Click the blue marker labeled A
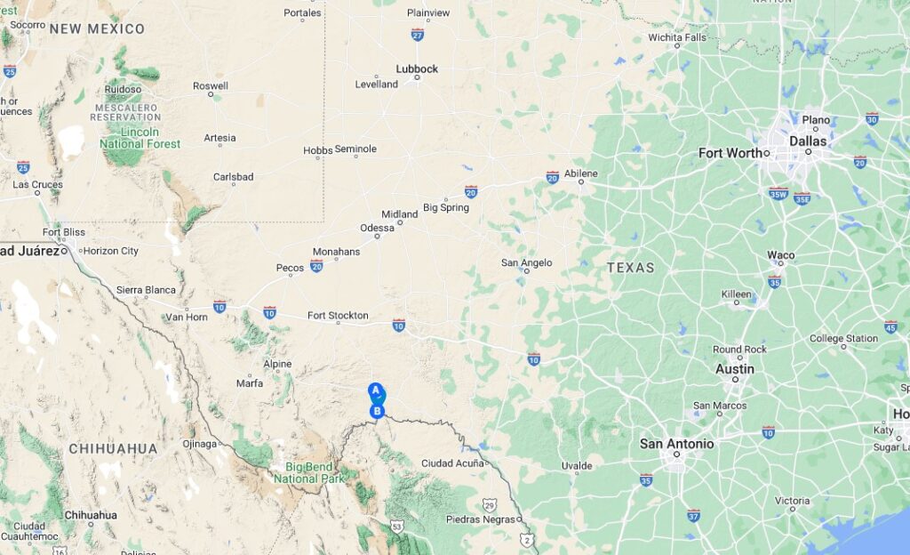pyautogui.click(x=375, y=390)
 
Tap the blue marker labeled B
pyautogui.click(x=378, y=411)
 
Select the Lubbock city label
pyautogui.click(x=417, y=68)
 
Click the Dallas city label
pyautogui.click(x=807, y=141)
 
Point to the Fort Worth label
pyautogui.click(x=730, y=153)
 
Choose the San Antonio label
pyautogui.click(x=676, y=444)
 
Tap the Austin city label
pyautogui.click(x=735, y=369)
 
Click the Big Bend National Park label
pyautogui.click(x=308, y=471)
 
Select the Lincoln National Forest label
pyautogui.click(x=140, y=137)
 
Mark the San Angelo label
pyautogui.click(x=526, y=262)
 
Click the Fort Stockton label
pyautogui.click(x=338, y=315)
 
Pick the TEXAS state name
pyautogui.click(x=630, y=267)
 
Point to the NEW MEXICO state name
pyautogui.click(x=97, y=28)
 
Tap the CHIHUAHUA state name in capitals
pyautogui.click(x=113, y=449)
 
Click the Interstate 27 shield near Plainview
pyautogui.click(x=418, y=34)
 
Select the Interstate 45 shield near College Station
pyautogui.click(x=890, y=326)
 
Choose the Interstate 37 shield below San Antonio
pyautogui.click(x=693, y=515)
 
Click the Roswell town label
pyautogui.click(x=211, y=85)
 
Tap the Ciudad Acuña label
pyautogui.click(x=452, y=462)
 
